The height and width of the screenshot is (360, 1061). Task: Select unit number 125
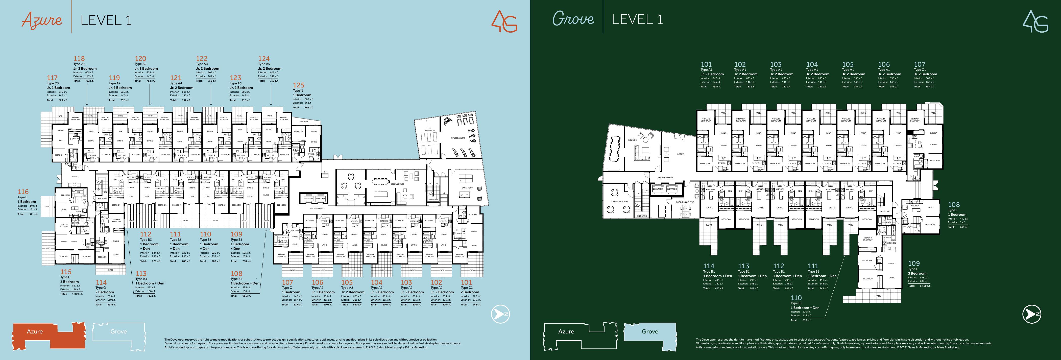click(299, 85)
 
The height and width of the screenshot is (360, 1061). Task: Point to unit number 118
click(79, 59)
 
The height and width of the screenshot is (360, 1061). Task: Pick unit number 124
click(263, 59)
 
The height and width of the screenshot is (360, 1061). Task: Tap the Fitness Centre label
click(458, 138)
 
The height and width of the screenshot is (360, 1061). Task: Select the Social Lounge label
click(397, 184)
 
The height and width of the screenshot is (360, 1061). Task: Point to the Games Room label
click(467, 188)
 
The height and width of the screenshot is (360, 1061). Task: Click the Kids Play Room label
click(619, 202)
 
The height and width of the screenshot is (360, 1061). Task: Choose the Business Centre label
click(685, 202)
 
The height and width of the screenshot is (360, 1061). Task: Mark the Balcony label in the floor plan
click(304, 122)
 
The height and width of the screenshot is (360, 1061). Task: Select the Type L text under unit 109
click(913, 269)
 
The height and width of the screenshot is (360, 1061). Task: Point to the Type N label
click(298, 91)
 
